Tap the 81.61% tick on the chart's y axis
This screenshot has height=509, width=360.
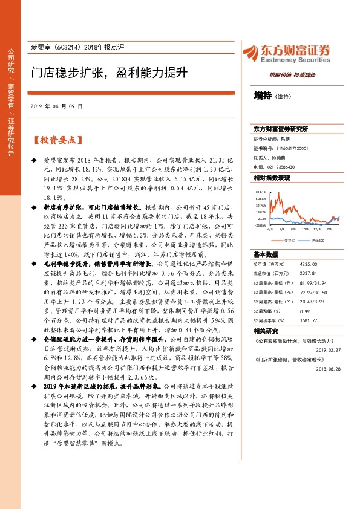coord(261,192)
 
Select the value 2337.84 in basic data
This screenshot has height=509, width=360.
coord(309,273)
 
